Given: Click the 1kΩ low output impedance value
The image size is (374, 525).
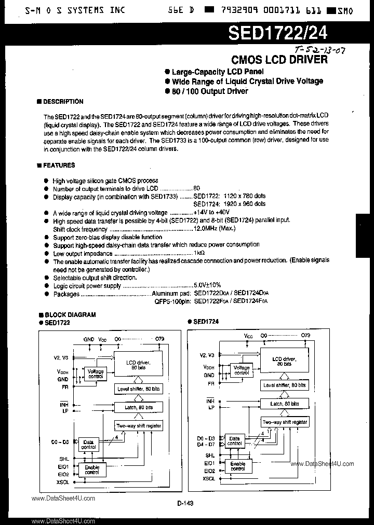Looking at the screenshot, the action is (x=199, y=253).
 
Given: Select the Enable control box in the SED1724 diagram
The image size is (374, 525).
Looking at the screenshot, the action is (x=237, y=466).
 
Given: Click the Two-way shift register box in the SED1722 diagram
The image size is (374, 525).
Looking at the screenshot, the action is (x=138, y=425).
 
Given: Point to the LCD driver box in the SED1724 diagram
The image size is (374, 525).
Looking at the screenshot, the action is (x=284, y=360).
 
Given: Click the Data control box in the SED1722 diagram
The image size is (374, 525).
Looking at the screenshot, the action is (x=89, y=444).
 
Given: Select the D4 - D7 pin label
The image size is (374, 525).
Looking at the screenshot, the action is (x=208, y=444).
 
